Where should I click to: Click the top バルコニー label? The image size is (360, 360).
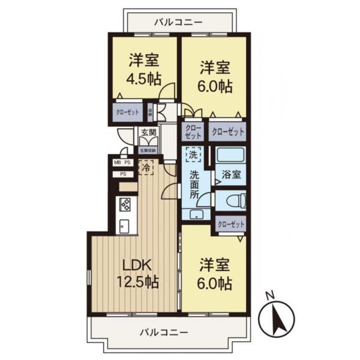(179, 22)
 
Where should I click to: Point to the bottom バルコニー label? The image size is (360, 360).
(164, 332)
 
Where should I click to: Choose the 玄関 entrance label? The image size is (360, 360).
(148, 132)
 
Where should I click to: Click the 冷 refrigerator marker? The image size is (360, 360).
(144, 168)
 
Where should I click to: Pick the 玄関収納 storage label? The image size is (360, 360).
(148, 151)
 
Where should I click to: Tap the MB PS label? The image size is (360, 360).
(122, 163)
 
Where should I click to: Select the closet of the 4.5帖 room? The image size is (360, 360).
(127, 112)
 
